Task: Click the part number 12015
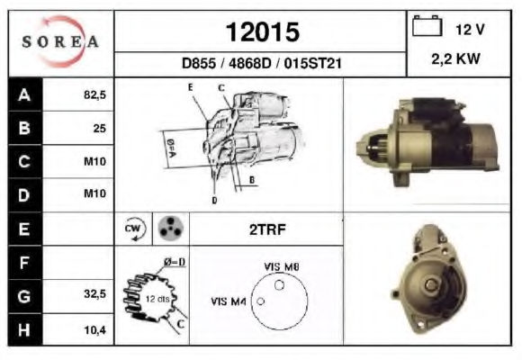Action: click(263, 32)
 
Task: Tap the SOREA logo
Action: click(60, 41)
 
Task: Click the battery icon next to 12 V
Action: click(427, 25)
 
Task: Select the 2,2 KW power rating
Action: click(455, 58)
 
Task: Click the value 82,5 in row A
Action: click(94, 94)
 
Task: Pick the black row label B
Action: click(25, 128)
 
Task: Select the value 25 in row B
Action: click(100, 128)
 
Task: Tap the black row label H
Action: click(25, 329)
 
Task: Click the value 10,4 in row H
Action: click(94, 330)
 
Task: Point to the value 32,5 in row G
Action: click(94, 293)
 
